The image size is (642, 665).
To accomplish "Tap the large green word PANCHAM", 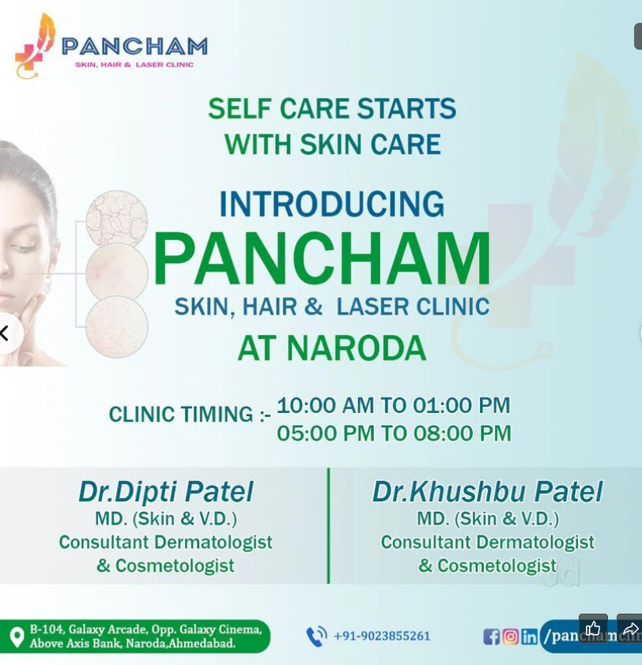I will tap(322, 259).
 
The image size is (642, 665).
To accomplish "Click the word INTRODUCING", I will tap(331, 205).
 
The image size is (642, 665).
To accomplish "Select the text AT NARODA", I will tap(331, 348).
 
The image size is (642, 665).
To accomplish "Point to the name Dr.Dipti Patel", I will tap(165, 492).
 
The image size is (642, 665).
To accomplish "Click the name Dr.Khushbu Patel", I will tap(487, 492).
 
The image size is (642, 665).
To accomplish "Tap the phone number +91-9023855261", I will tap(382, 636).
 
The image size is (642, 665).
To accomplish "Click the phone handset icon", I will tap(316, 636).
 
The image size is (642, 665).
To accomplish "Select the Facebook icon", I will tap(491, 637).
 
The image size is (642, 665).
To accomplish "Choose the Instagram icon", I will tap(511, 637).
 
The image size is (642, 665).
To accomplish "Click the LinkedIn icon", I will tap(530, 637).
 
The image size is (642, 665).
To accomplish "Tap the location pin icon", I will tap(17, 637).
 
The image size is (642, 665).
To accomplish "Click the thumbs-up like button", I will tap(593, 629).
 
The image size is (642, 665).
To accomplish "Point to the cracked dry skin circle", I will tap(117, 218).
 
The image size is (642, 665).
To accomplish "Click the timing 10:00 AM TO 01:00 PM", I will tap(393, 406).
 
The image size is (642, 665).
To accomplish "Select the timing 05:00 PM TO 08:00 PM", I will tap(394, 434).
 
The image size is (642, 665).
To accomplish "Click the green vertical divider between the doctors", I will tap(328, 525).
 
